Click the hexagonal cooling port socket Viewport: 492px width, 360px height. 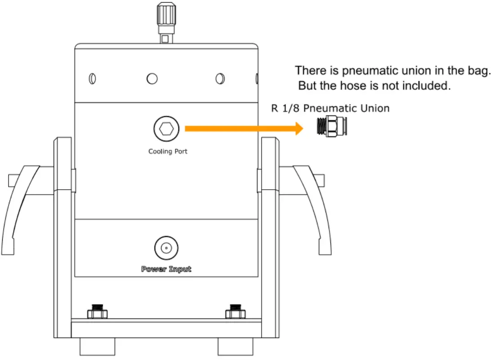point(166,129)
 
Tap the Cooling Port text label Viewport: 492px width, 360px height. point(167,151)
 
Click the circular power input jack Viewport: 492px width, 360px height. point(166,248)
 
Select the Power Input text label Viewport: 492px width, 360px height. point(166,269)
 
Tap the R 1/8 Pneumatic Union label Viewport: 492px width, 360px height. point(330,108)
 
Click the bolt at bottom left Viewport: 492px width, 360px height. point(97,311)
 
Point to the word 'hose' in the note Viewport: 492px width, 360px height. point(357,86)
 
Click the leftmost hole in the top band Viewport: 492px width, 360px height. point(92,79)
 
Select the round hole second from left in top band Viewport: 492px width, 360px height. point(152,79)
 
